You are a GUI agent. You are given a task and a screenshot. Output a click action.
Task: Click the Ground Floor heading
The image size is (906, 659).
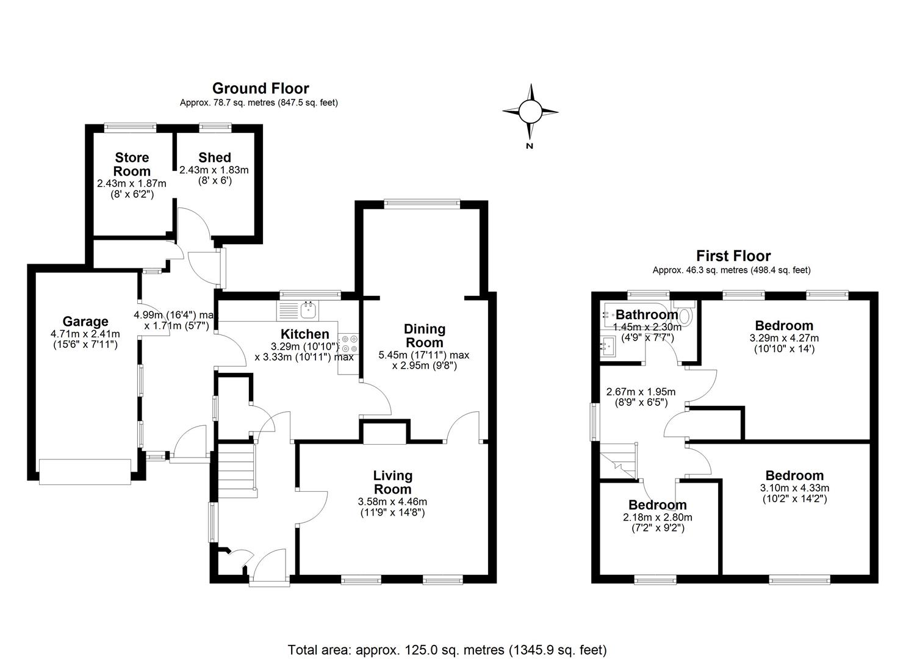(261, 88)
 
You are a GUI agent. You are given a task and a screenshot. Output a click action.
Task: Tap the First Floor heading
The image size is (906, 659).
(733, 256)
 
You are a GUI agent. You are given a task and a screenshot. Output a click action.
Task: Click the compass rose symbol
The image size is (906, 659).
(530, 112)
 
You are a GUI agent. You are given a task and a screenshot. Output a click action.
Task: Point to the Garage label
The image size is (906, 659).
(85, 321)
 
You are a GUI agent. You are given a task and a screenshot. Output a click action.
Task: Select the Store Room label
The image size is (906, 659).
(132, 164)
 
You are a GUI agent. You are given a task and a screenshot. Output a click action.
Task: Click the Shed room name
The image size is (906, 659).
(215, 157)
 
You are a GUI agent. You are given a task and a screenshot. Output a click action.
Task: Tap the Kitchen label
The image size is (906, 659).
(305, 334)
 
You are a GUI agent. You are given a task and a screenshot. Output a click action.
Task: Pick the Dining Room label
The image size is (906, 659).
(425, 336)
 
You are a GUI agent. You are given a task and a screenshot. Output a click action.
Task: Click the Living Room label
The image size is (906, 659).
(392, 482)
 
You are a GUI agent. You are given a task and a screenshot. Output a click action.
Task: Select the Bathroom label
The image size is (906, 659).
(647, 314)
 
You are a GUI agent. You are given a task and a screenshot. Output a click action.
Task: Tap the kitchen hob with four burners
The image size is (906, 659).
(348, 343)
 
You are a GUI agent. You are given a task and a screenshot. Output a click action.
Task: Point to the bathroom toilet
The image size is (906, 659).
(685, 312)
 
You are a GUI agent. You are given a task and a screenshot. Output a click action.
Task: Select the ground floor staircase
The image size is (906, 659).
(237, 470)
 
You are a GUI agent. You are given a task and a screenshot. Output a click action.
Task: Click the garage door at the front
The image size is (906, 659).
(85, 472)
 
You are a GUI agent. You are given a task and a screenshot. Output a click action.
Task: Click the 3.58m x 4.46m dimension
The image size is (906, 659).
(392, 502)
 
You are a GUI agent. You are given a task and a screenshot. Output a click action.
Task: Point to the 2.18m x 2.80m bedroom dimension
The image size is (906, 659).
(658, 517)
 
